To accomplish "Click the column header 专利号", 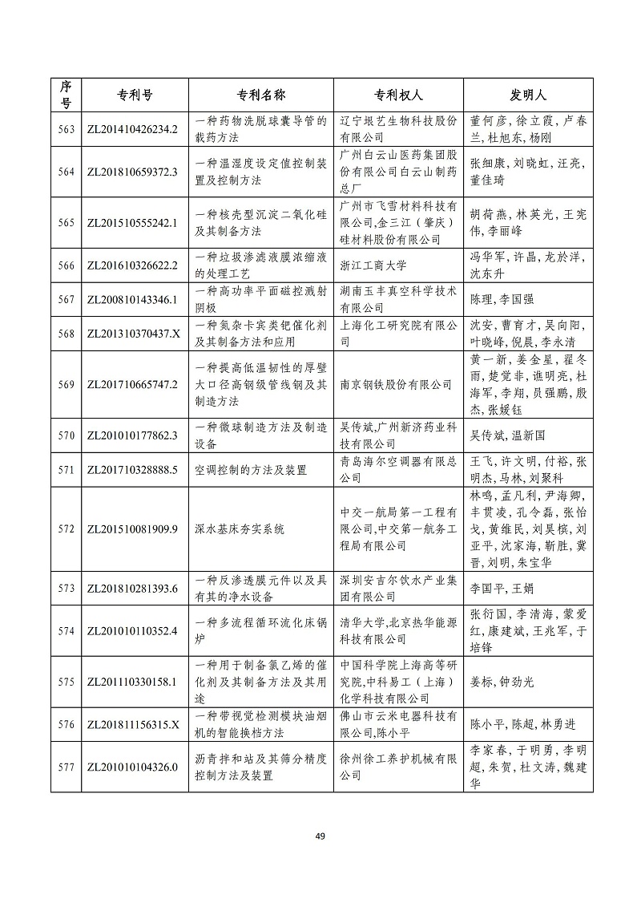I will (131, 95).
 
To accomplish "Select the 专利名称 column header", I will (260, 95).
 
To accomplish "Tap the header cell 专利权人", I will (398, 95).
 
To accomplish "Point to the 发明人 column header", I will (528, 95).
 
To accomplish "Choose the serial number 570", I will (66, 435).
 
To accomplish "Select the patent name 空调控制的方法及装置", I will (251, 470).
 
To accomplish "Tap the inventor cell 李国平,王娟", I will (500, 589).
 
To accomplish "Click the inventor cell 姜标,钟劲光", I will (501, 682).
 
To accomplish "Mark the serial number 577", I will (66, 767).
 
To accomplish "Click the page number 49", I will (320, 837).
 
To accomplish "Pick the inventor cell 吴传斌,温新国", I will (506, 435).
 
